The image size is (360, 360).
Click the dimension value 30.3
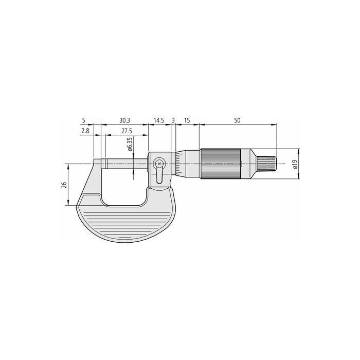pos(124,120)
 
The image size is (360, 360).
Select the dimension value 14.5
pos(159,120)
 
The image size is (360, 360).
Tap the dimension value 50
pos(237,120)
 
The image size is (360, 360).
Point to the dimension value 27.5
pos(127,131)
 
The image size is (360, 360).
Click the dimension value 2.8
pos(85,131)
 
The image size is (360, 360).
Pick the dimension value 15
pos(187,120)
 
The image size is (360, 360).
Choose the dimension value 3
pos(173,120)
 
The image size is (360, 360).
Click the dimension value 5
pos(83,120)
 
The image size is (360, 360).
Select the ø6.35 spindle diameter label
pos(130,145)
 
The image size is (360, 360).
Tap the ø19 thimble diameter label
pos(295,164)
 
